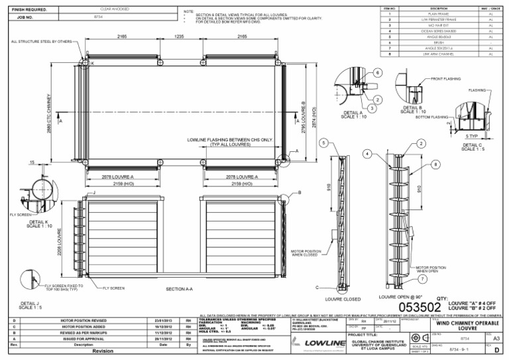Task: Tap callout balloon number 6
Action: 376,72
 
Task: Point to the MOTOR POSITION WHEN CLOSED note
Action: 307,253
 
